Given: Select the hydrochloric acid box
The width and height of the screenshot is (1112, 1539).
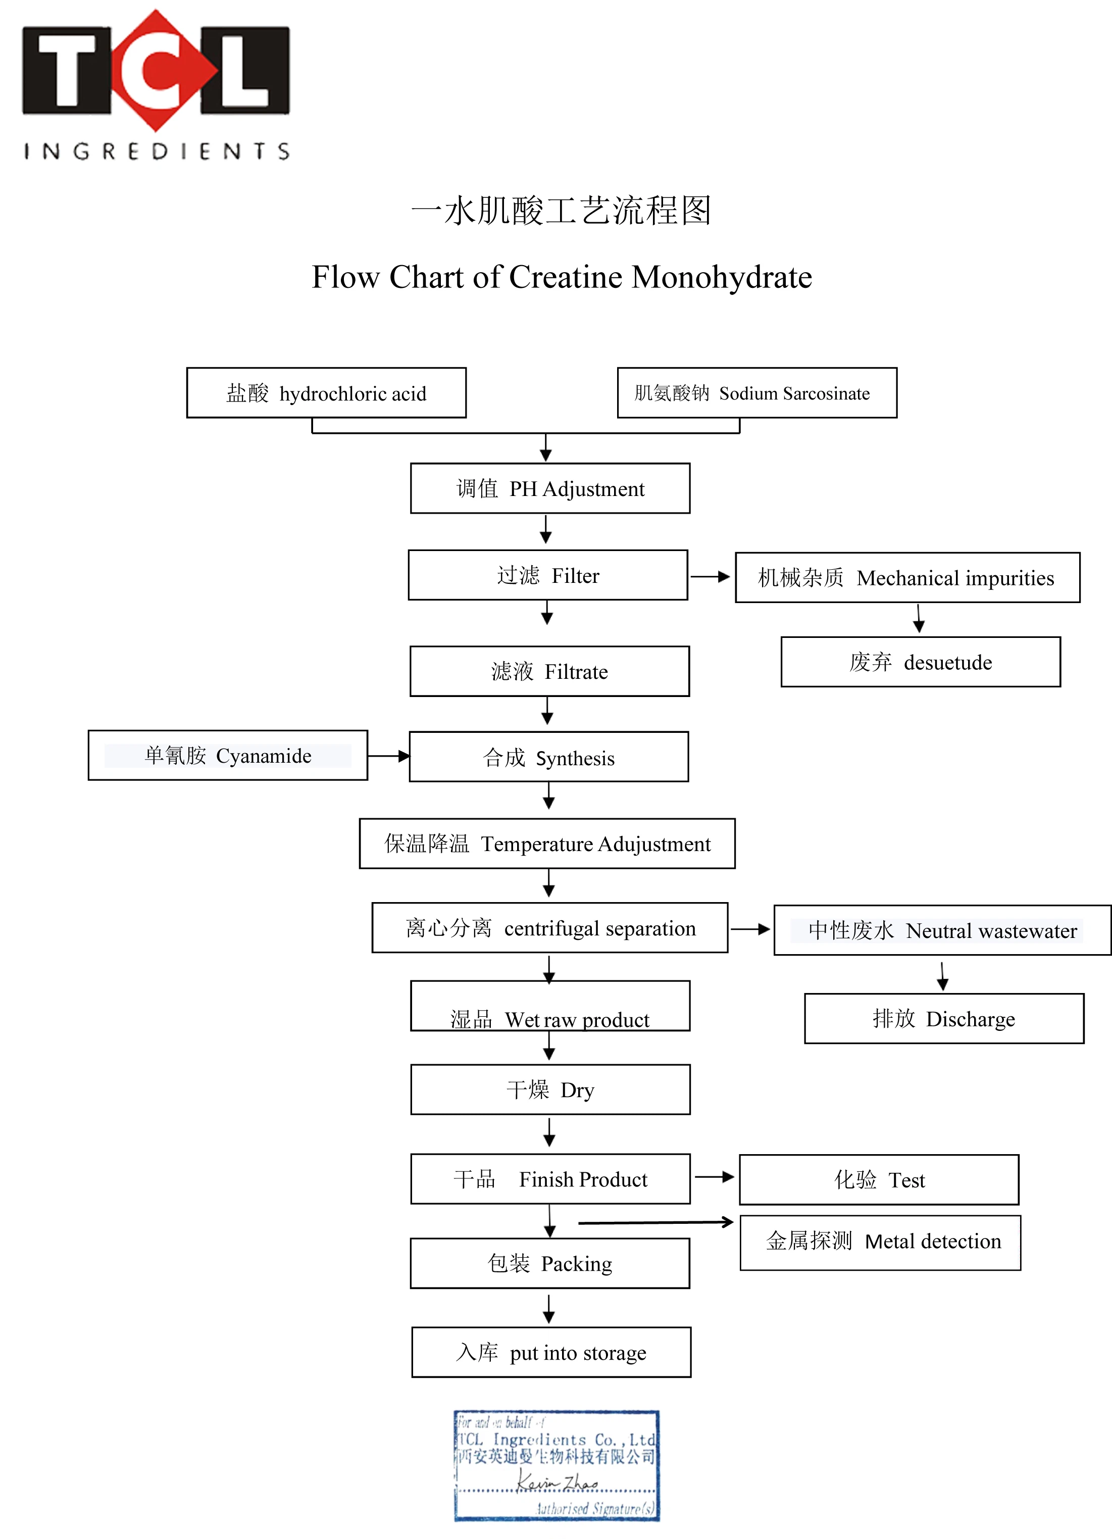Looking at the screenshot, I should coord(326,393).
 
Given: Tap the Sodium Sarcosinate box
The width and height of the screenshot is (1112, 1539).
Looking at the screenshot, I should coord(756,393).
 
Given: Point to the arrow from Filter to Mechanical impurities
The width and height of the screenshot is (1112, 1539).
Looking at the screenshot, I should coord(710,577).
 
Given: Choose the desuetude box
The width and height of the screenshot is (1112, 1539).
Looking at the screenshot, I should coord(920,662).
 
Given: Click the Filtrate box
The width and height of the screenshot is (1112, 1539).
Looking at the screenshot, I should coord(549,671).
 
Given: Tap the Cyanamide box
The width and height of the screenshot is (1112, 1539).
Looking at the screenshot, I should coord(227,755).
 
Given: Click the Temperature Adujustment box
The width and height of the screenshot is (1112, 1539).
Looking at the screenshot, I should coord(547,843).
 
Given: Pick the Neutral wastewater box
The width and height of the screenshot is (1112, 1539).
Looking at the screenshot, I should coord(942,930).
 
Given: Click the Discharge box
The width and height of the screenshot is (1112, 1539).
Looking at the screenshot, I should coord(944,1019).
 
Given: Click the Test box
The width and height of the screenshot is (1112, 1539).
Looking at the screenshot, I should coord(879,1180).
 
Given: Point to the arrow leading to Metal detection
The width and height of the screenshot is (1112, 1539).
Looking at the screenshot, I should coord(655,1222).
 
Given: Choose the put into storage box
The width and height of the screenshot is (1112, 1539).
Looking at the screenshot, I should coord(551,1353).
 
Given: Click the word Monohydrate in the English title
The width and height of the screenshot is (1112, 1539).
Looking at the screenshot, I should coord(721,277).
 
